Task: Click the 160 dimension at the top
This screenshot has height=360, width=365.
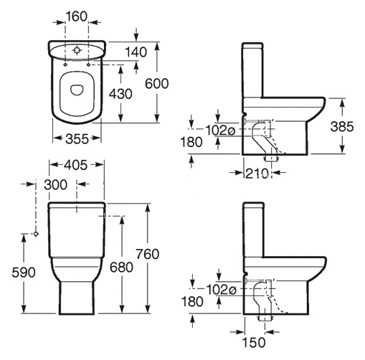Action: tap(77, 16)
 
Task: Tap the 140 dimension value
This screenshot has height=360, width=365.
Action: tap(136, 52)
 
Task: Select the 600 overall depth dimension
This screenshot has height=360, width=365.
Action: tap(157, 84)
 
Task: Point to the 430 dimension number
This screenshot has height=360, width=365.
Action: tap(120, 94)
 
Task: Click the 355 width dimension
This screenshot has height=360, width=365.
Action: tap(77, 138)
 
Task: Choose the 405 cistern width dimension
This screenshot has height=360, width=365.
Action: tap(76, 165)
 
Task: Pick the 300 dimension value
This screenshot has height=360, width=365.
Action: tap(56, 184)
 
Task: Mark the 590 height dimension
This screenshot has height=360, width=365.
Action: tap(24, 273)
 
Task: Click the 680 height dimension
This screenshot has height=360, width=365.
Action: tap(121, 267)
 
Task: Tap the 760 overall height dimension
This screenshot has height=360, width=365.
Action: tap(148, 254)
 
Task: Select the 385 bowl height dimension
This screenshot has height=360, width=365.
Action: tap(342, 126)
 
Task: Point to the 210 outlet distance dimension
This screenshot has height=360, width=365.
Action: tap(257, 174)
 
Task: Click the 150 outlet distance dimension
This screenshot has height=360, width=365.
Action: tap(254, 342)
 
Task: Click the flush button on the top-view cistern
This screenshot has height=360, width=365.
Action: tap(77, 50)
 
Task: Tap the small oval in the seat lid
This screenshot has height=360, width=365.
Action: tap(77, 90)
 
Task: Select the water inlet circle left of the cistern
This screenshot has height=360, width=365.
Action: tap(36, 234)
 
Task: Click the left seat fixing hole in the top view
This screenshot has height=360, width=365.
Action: tap(65, 65)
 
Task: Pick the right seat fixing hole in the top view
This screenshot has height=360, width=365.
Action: tap(88, 65)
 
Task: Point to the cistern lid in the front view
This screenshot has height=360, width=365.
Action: tap(77, 204)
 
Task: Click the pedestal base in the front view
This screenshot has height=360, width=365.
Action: tap(77, 298)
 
